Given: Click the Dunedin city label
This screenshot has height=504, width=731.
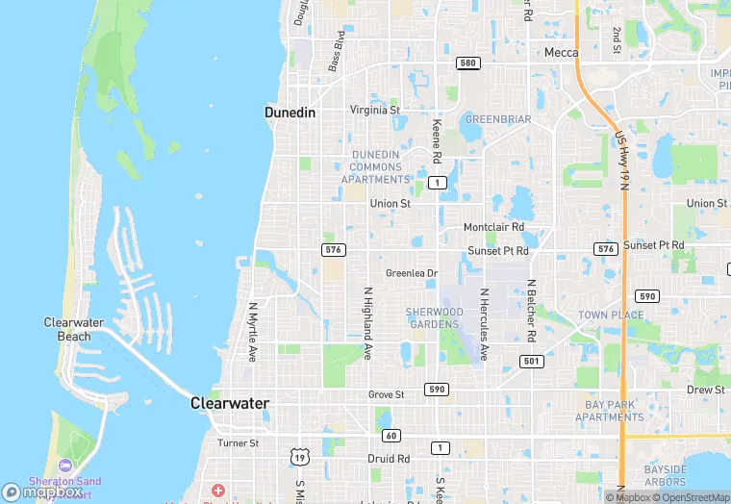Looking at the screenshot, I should click(290, 113).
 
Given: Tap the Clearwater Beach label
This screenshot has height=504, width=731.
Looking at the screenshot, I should click(67, 329).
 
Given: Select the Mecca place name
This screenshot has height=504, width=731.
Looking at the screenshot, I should click(561, 53).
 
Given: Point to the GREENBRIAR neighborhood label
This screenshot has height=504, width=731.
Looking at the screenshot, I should click(497, 119).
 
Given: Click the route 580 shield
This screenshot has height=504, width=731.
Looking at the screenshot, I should click(466, 63).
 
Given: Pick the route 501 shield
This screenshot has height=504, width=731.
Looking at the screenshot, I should click(532, 361).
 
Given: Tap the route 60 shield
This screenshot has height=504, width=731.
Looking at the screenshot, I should click(391, 436).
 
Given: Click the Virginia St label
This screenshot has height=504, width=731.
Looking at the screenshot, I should click(375, 110).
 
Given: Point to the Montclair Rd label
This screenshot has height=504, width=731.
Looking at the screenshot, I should click(493, 227).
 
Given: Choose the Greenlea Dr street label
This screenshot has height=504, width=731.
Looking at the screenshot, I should click(412, 273).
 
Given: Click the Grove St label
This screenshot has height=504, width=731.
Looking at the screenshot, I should click(387, 394).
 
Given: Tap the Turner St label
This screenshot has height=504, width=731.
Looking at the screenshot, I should click(238, 443).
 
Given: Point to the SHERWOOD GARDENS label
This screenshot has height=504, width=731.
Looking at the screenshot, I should click(434, 318).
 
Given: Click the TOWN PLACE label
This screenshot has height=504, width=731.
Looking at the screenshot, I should click(611, 315).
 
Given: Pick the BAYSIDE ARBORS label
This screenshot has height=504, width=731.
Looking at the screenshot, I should click(666, 475).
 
